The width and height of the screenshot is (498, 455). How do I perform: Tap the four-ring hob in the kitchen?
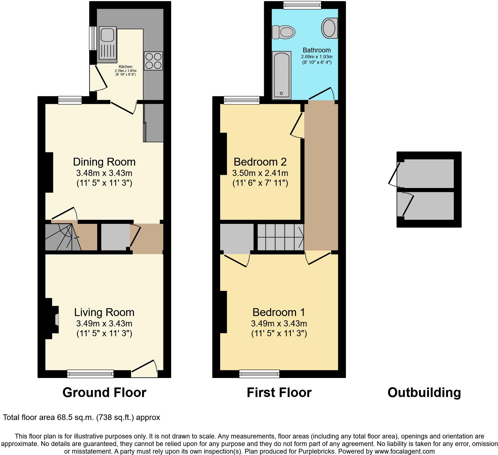153,61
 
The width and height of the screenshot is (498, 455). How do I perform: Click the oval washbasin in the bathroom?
329,28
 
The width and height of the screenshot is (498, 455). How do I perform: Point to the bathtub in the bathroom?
282,75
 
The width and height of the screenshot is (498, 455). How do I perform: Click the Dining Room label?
104,162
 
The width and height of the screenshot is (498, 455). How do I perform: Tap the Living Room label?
104,312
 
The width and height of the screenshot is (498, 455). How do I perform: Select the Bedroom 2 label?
260,162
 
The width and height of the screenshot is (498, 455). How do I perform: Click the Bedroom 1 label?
279,312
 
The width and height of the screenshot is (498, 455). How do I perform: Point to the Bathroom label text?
317,50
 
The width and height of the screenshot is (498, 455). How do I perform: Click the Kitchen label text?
125,67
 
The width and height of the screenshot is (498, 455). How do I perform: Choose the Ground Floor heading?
104,393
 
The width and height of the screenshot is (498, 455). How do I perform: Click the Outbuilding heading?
424,393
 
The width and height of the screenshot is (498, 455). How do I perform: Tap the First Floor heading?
279,393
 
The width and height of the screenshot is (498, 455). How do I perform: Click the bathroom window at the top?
302,5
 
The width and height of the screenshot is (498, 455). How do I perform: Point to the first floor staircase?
280,237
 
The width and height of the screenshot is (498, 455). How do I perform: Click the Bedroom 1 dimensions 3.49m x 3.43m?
279,324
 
